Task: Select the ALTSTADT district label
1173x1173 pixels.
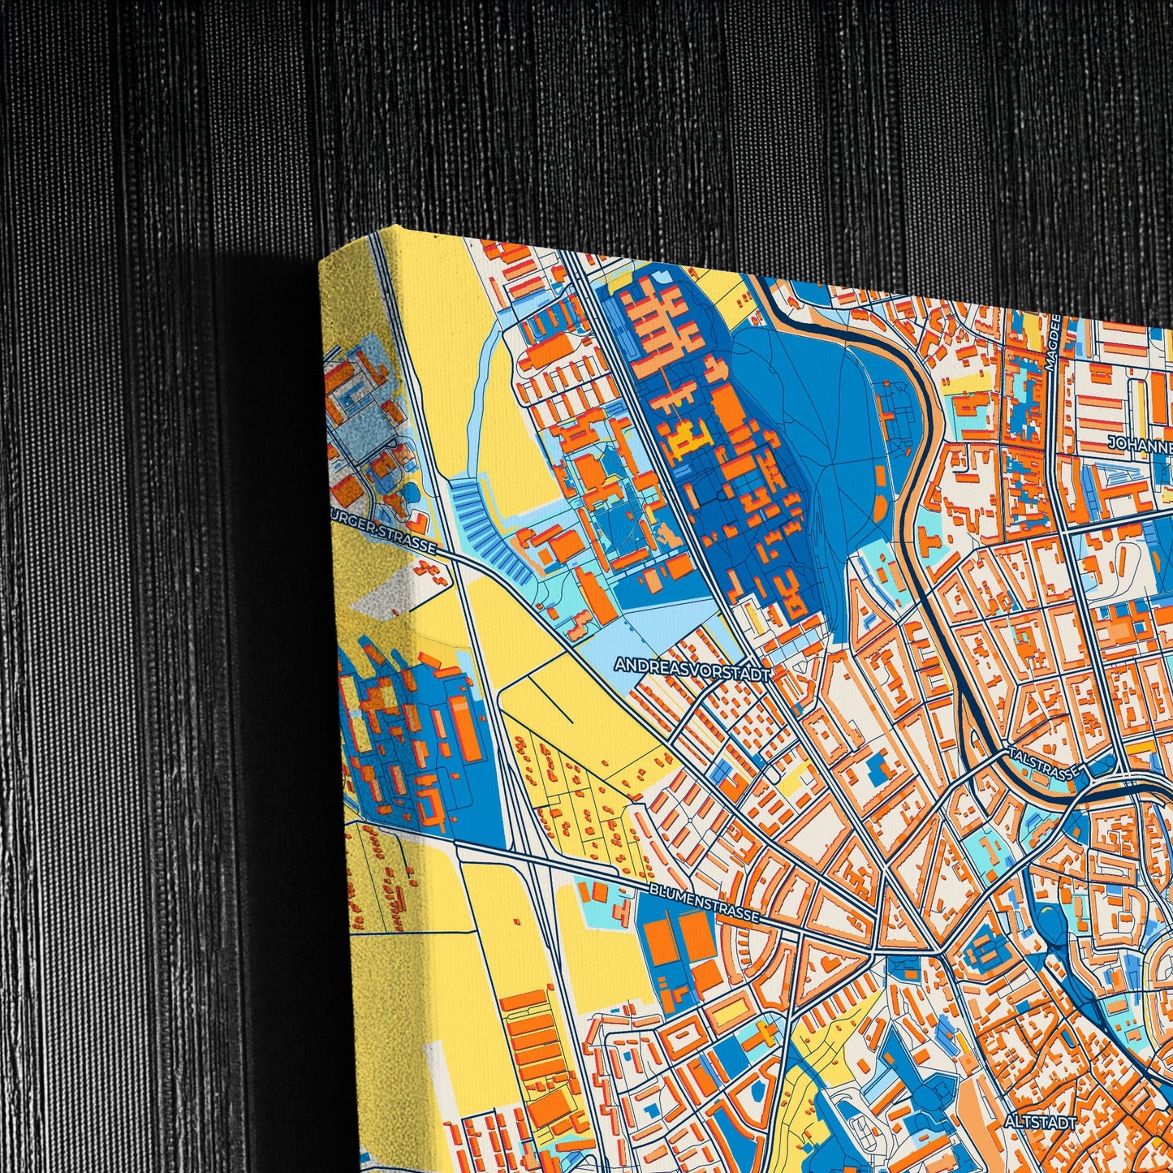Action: [x=1040, y=1122]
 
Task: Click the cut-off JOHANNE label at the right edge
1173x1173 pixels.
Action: [x=1141, y=446]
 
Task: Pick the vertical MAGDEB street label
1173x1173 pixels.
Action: [x=1055, y=345]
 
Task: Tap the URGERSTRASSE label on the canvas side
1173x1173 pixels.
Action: [x=385, y=531]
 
